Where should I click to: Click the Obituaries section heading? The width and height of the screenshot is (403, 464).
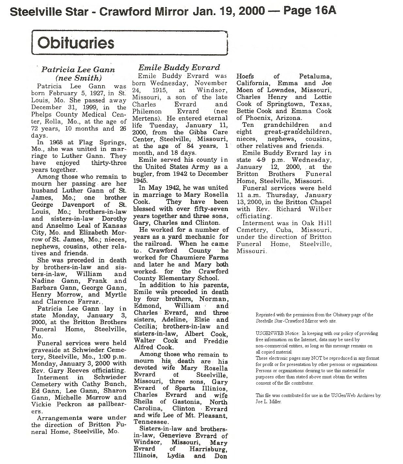[x=76, y=43]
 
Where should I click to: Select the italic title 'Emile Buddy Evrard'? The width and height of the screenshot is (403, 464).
[x=179, y=68]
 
